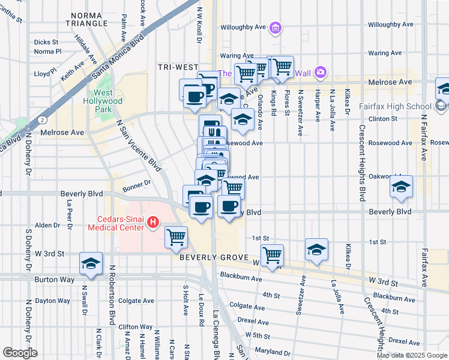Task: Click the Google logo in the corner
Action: click(x=20, y=352)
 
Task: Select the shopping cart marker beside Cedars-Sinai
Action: click(x=176, y=237)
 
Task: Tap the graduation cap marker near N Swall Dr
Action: click(x=91, y=264)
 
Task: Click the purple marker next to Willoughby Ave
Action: click(x=276, y=27)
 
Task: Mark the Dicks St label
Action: click(x=46, y=43)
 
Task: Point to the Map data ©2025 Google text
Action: click(x=411, y=355)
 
